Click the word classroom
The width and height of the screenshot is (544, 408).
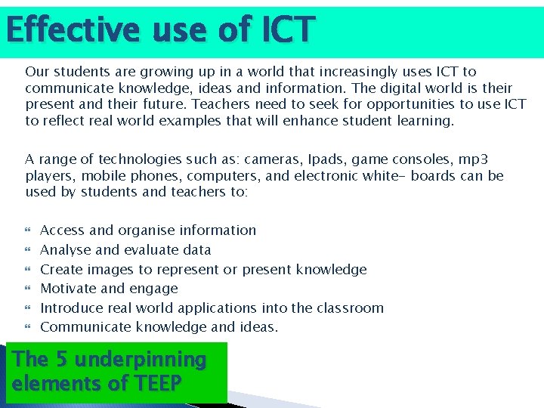[351, 308]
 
